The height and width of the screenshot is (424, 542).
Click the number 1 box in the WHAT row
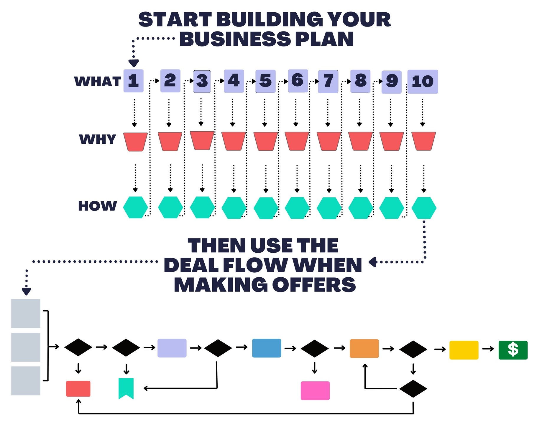[x=133, y=81]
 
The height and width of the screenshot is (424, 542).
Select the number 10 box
[x=423, y=82]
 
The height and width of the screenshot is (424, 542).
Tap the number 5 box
[x=265, y=81]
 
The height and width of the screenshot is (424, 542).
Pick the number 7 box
[x=328, y=82]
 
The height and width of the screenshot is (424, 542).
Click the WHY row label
[x=98, y=139]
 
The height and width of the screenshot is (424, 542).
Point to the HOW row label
[x=98, y=206]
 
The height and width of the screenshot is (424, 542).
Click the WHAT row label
[x=98, y=81]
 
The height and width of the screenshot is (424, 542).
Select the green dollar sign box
[x=513, y=350]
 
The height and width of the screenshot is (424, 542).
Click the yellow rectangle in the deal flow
[x=464, y=350]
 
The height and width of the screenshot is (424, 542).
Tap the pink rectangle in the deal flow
[x=315, y=390]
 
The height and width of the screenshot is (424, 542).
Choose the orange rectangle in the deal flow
[x=364, y=348]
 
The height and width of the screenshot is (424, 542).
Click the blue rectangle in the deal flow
[x=267, y=348]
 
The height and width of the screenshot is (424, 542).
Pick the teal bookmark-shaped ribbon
[x=126, y=387]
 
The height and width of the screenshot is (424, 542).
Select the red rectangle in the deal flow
[x=78, y=389]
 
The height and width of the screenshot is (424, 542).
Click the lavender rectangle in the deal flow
[x=172, y=348]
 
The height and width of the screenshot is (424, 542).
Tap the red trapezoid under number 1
[x=135, y=142]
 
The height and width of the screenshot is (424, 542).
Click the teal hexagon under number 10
[x=424, y=208]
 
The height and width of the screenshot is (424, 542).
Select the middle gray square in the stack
[x=26, y=347]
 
